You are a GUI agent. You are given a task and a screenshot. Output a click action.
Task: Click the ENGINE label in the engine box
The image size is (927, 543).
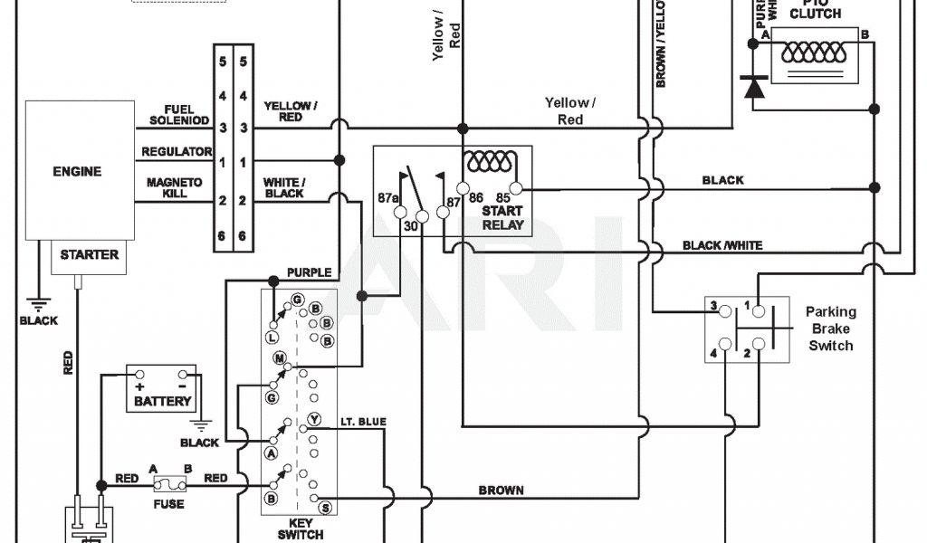[77, 171]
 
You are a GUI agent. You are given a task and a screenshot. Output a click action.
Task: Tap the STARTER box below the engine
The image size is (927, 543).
[89, 255]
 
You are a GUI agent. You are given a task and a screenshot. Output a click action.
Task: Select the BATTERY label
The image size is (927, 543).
[163, 400]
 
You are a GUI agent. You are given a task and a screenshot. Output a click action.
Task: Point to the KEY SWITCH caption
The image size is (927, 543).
[299, 529]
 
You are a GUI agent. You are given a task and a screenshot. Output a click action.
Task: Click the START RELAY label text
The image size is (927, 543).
[502, 217]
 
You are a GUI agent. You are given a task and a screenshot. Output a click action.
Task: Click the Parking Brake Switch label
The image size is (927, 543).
[830, 329]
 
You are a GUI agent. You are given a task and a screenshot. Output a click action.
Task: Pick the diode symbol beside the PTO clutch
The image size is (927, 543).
[753, 88]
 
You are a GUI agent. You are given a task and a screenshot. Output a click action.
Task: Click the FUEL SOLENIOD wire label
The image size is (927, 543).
[179, 115]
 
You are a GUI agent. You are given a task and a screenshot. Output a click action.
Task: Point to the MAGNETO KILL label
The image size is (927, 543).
[175, 187]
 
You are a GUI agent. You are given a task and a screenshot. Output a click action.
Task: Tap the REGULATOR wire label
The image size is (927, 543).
[177, 152]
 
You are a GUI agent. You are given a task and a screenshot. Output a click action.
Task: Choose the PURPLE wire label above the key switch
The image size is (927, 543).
[309, 272]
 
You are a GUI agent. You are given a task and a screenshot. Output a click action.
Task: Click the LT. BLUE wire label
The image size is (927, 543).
[363, 422]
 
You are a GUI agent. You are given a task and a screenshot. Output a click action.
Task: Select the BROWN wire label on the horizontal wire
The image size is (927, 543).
[501, 491]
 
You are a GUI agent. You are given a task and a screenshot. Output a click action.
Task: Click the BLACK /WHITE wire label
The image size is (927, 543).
[722, 245]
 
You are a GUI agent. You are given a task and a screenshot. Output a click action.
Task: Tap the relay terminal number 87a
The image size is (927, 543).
[387, 197]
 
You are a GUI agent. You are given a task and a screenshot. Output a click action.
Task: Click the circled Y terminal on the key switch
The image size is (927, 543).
[314, 419]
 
